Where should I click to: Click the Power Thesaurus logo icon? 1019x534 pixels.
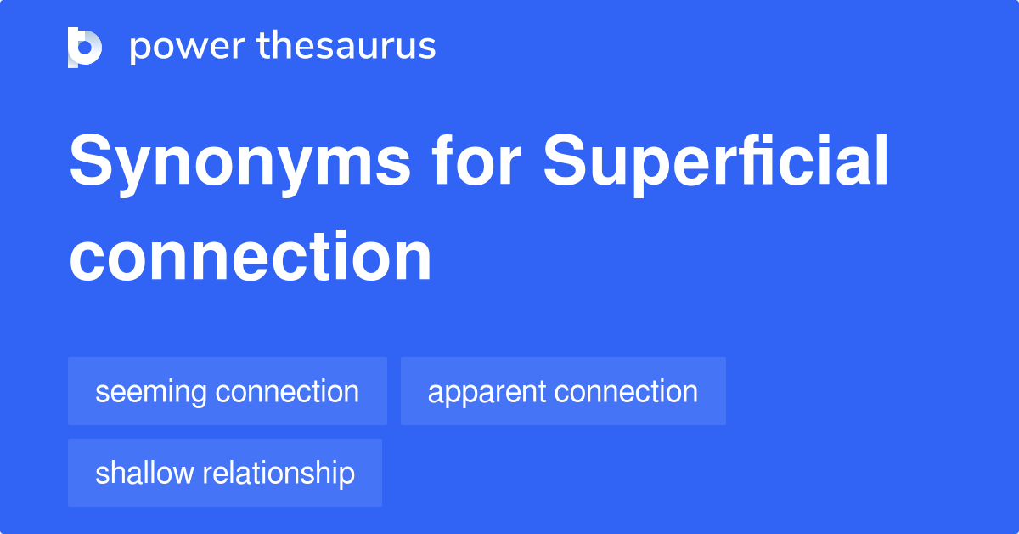[85, 47]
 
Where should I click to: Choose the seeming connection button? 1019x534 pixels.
[227, 391]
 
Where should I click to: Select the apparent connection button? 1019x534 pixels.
[563, 391]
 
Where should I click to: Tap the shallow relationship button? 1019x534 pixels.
[224, 473]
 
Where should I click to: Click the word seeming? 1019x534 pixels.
[150, 392]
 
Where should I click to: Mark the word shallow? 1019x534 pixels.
[144, 473]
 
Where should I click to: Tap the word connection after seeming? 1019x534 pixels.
[287, 392]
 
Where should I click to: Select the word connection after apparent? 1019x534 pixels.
[626, 392]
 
